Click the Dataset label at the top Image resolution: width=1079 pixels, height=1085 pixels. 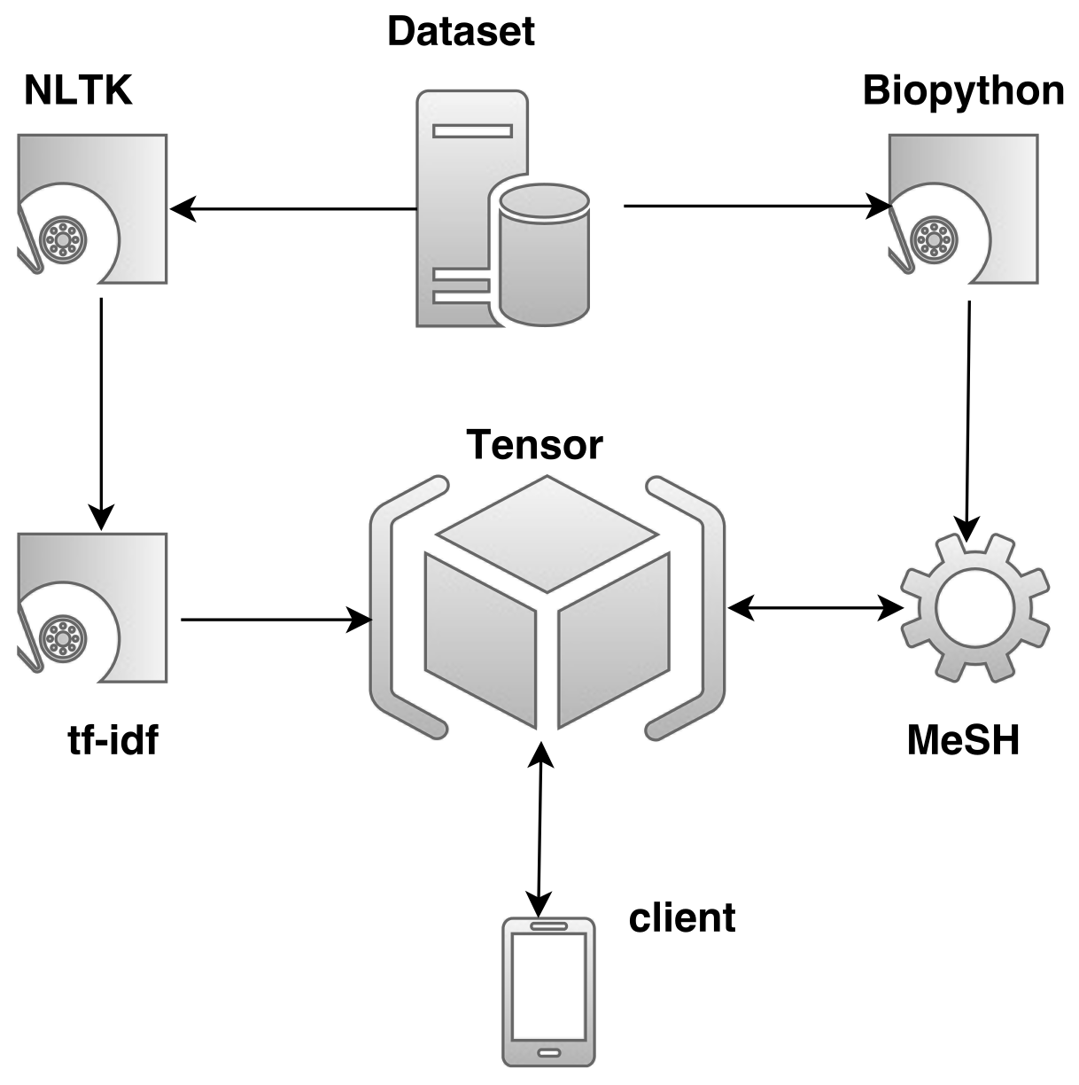461,31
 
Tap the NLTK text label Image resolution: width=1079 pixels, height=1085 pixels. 78,90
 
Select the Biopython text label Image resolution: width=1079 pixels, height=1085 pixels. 963,90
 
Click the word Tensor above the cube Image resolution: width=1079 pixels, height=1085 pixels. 534,444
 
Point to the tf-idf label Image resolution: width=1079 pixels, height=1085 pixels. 113,739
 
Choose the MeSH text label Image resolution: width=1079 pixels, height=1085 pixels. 963,739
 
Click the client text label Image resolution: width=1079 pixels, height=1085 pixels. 682,917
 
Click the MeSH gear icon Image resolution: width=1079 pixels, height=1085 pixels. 974,607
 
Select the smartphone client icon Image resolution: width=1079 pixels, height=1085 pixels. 548,991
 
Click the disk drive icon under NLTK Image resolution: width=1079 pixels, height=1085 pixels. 92,209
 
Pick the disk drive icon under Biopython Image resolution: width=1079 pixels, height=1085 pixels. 963,209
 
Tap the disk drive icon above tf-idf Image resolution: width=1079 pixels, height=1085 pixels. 92,608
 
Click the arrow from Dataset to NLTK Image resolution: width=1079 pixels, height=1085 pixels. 292,209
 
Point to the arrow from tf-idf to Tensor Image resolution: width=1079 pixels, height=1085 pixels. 275,620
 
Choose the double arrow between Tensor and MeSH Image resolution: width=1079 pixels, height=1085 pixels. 815,608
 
